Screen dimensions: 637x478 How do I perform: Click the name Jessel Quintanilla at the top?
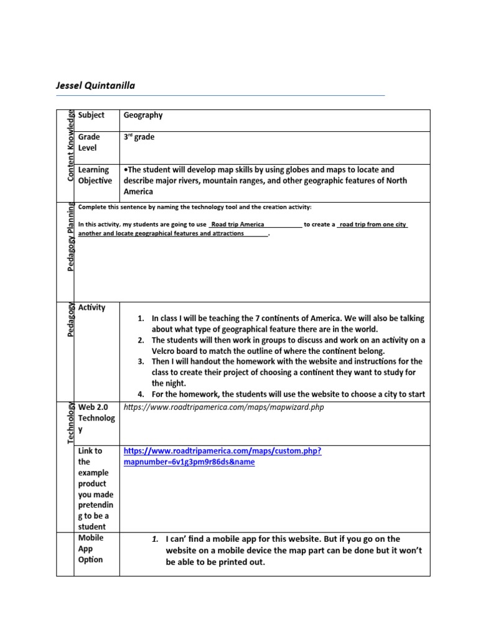coord(95,85)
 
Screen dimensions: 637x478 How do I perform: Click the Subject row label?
coord(91,115)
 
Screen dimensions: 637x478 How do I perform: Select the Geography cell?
coord(143,115)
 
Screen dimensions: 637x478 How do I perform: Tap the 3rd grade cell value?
coord(139,137)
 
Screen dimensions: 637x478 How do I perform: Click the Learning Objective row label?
coord(95,175)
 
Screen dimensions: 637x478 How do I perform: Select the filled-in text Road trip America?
coord(238,225)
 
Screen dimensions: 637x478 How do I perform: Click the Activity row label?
coord(92,307)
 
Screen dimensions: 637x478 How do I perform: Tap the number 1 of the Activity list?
coord(141,318)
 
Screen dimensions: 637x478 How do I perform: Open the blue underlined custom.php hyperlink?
coord(222,457)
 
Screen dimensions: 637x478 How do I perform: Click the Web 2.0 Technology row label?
coord(96,418)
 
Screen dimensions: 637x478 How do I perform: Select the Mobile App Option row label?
coord(91,549)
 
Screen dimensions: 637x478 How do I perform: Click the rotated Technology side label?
coord(70,423)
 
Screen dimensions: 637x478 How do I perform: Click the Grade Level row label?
coord(89,142)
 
